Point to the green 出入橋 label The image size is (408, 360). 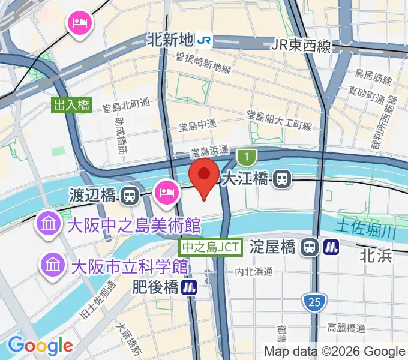(71, 106)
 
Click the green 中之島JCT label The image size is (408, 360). (211, 247)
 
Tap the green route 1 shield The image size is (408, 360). (245, 158)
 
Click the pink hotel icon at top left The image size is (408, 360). (80, 23)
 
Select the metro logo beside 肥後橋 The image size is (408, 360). (190, 287)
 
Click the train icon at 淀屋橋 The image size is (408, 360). (310, 246)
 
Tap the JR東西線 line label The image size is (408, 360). (302, 46)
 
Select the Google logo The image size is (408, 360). (40, 346)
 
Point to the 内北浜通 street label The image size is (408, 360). (254, 272)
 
